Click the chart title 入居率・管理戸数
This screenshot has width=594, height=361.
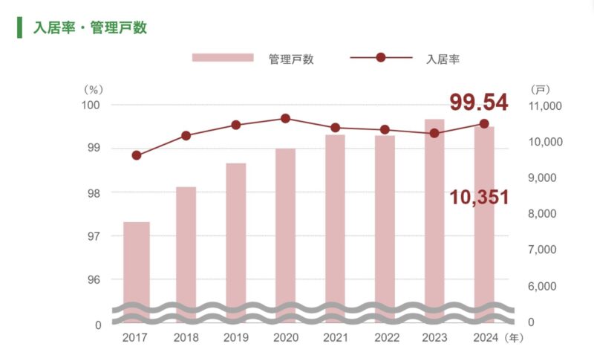[90, 28]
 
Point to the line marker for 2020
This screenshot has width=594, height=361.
[285, 119]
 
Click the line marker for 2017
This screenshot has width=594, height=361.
[137, 155]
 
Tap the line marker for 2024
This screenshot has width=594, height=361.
[484, 124]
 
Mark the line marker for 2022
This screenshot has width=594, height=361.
[385, 130]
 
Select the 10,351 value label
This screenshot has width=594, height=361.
[479, 198]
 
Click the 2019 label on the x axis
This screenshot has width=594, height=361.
[235, 338]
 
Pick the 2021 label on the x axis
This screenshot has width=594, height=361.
[335, 338]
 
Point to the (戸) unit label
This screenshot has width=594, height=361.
[541, 89]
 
